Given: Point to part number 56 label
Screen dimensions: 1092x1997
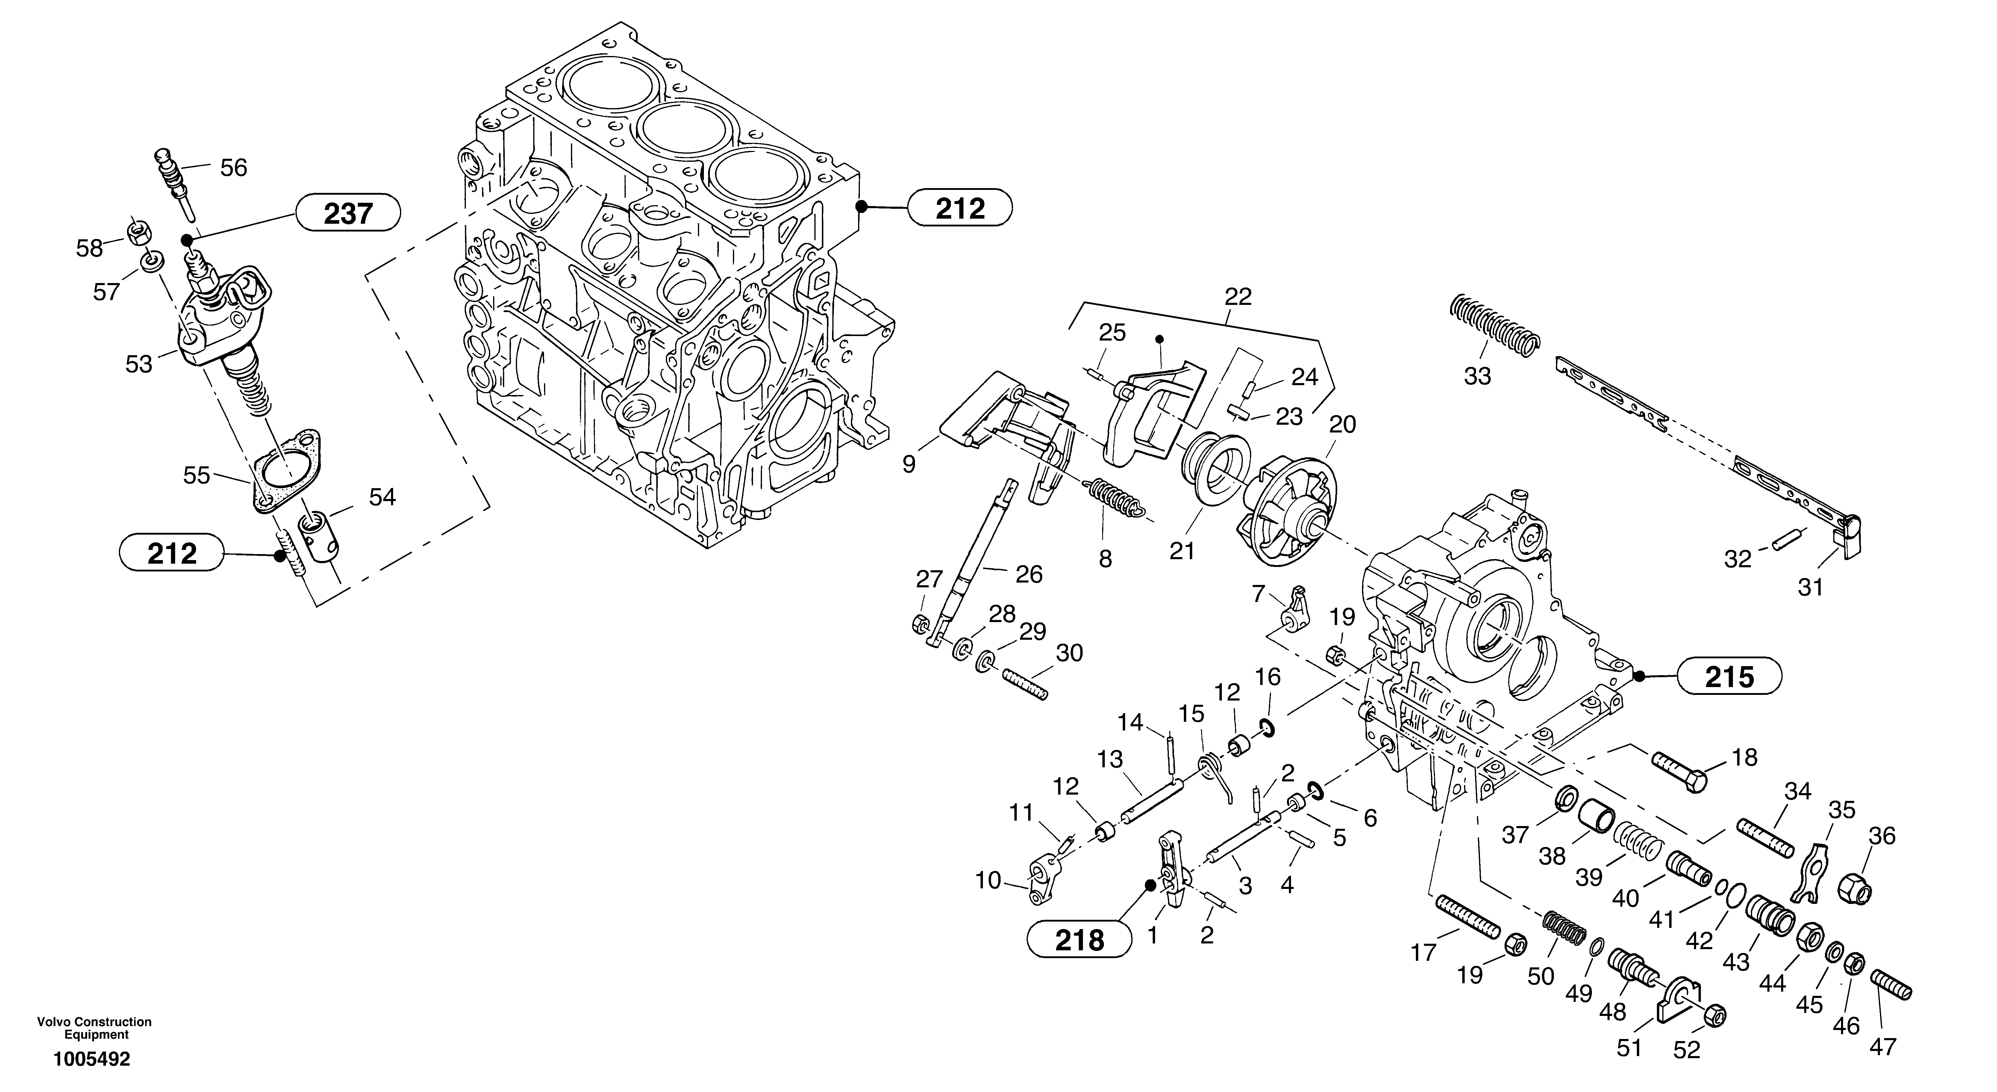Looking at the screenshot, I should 233,167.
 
